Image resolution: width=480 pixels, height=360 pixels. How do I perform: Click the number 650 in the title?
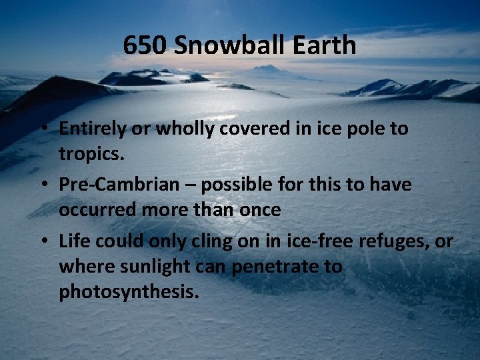click(x=144, y=46)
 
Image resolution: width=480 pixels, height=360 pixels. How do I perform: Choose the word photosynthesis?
click(x=129, y=292)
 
